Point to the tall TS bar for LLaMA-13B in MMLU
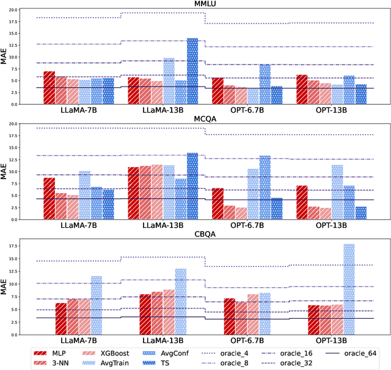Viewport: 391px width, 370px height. [x=192, y=64]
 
